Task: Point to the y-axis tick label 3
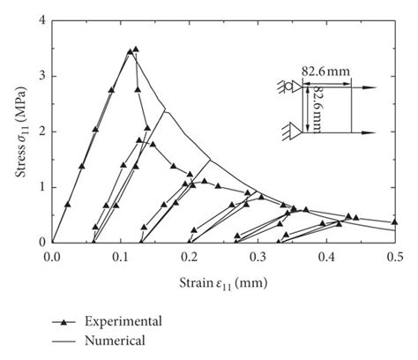[x=42, y=77]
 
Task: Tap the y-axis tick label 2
[x=42, y=131]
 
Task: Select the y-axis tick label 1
[x=42, y=187]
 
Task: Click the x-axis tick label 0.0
[x=52, y=256]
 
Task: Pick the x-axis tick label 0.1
[x=121, y=256]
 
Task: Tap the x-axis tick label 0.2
[x=189, y=256]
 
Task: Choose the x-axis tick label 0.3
[x=258, y=256]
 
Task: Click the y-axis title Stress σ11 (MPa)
[x=22, y=132]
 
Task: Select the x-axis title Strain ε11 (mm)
[x=223, y=281]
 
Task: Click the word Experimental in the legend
[x=131, y=321]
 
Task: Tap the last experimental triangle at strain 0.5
[x=394, y=222]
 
